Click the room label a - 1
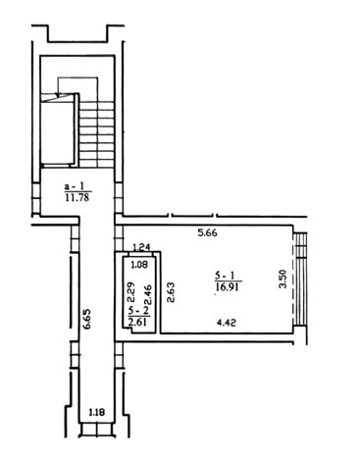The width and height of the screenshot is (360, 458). click(75, 186)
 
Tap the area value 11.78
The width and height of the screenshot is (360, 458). click(77, 197)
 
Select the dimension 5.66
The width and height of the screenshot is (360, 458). click(208, 233)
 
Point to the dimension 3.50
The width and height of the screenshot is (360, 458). click(283, 279)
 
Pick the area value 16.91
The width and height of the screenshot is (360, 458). click(228, 287)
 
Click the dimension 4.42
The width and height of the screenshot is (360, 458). click(227, 323)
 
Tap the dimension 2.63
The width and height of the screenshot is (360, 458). click(171, 292)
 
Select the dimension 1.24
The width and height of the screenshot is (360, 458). click(141, 247)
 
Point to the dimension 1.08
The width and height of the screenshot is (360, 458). click(139, 264)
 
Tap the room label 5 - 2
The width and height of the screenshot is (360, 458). click(139, 311)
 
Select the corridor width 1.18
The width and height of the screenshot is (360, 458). click(97, 412)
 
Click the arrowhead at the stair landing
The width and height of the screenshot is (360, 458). click(58, 95)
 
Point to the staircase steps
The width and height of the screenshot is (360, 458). click(97, 134)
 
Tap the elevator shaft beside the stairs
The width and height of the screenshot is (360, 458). click(58, 129)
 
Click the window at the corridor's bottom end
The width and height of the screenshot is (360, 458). click(97, 430)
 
